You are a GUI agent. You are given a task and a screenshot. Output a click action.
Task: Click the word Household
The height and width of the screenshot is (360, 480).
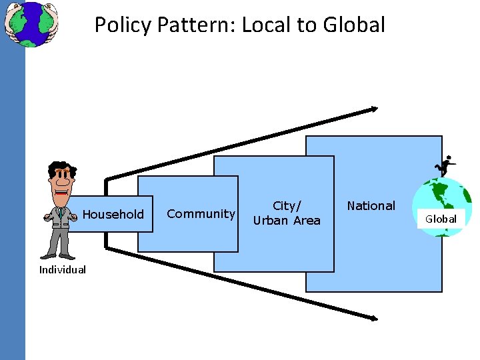[113, 214]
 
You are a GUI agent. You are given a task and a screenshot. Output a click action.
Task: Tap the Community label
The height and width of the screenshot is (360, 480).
[201, 213]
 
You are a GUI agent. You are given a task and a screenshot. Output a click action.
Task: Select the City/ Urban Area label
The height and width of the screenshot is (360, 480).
[287, 213]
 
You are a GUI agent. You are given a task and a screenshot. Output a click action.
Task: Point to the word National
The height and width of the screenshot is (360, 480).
[371, 206]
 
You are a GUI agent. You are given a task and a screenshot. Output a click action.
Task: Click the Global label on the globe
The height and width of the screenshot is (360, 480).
[441, 219]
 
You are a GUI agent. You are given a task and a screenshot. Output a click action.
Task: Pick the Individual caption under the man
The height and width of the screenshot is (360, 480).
[62, 269]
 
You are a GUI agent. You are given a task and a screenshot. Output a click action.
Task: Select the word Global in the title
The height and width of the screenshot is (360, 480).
[353, 25]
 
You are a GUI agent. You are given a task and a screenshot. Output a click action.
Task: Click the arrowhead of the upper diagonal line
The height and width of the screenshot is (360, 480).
[374, 109]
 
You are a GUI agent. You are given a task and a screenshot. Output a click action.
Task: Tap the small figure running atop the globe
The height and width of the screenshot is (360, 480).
[445, 165]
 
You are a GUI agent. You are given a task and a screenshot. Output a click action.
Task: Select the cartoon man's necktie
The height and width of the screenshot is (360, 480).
[60, 213]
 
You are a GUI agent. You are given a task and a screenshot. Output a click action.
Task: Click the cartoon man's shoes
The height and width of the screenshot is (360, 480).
[57, 255]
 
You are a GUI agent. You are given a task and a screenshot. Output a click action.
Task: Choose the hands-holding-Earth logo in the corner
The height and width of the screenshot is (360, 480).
[31, 23]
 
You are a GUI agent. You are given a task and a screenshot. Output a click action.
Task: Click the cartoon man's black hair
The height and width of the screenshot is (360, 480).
[61, 167]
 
